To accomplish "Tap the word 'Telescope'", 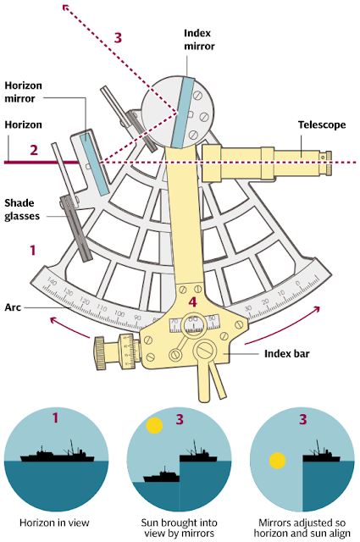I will tap(322, 124).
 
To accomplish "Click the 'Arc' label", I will tap(13, 309).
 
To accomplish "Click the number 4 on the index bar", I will tap(193, 301).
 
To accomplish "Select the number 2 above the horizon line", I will tap(34, 150).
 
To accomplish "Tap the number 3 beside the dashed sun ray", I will tap(119, 37).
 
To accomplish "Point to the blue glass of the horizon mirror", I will tap(94, 161).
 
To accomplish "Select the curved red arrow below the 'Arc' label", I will tap(69, 324).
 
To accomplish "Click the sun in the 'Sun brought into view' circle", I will tap(153, 425).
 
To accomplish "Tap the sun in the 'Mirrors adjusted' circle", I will tap(276, 462).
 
